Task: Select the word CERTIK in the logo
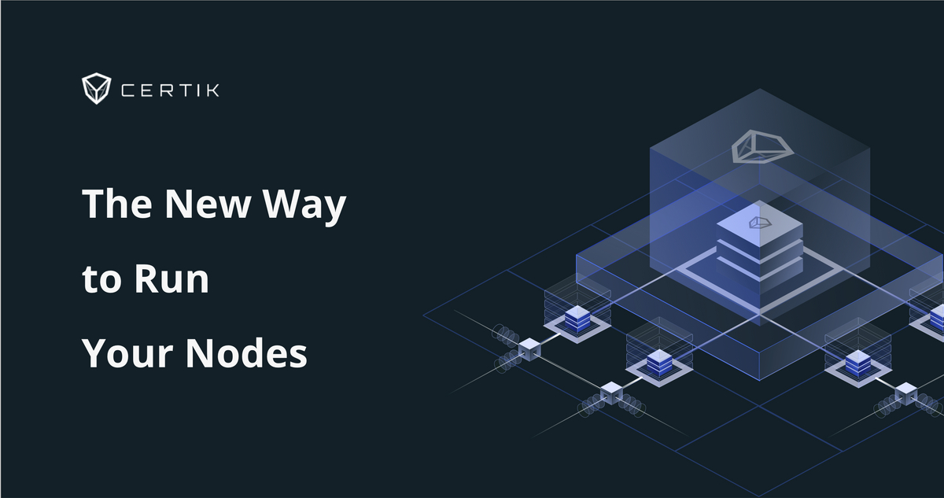[170, 90]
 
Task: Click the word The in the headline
[116, 205]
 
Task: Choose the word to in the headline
[101, 281]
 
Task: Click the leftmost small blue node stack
[577, 319]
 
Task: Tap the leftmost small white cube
[529, 347]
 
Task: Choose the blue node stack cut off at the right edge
[937, 319]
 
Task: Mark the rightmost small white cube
[905, 391]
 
